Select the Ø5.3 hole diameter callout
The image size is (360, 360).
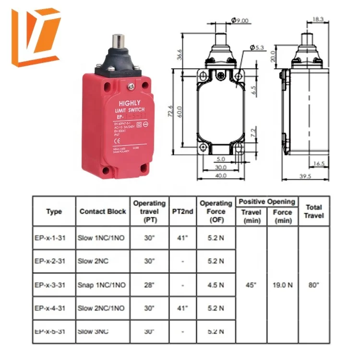point(257,47)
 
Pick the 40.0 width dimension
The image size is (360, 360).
point(220,176)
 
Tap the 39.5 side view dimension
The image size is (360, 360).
point(305,176)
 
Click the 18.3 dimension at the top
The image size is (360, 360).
point(317,19)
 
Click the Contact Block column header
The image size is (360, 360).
point(103,211)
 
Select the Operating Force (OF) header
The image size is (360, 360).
point(216,211)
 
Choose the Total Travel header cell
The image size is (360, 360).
point(313,211)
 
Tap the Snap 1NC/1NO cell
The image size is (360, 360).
point(101,285)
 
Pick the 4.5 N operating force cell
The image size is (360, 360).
point(216,285)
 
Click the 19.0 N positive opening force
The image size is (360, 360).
point(283,285)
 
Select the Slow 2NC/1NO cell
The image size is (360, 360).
point(101,309)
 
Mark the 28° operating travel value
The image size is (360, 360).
point(149,285)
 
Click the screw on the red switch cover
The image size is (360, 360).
point(130,86)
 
